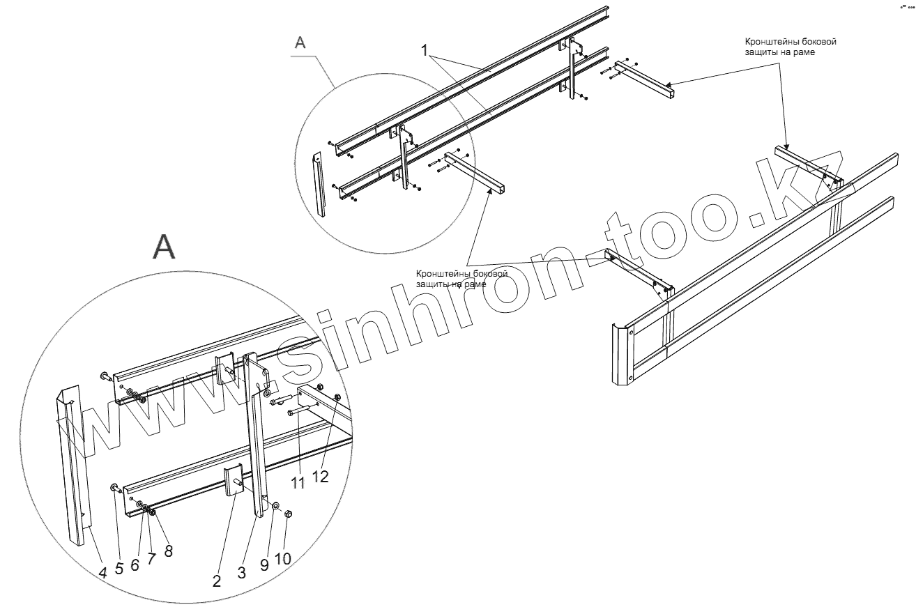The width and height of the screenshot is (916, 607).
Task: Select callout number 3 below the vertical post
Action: [241, 574]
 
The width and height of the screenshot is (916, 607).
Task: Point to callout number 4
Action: [102, 573]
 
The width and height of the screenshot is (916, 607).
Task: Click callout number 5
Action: [119, 568]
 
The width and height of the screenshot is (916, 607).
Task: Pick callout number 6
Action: [135, 564]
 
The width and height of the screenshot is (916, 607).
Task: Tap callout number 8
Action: [168, 551]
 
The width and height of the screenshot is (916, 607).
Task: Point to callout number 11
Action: [298, 483]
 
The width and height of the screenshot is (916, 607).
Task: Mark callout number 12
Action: [320, 477]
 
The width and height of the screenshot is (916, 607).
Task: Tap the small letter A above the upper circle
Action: [300, 42]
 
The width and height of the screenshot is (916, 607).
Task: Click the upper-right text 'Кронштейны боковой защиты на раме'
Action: [790, 47]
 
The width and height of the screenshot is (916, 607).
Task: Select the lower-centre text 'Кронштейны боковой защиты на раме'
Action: [461, 279]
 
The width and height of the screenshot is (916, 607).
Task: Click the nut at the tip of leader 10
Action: [289, 514]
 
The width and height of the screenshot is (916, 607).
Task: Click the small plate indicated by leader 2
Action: [231, 481]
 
